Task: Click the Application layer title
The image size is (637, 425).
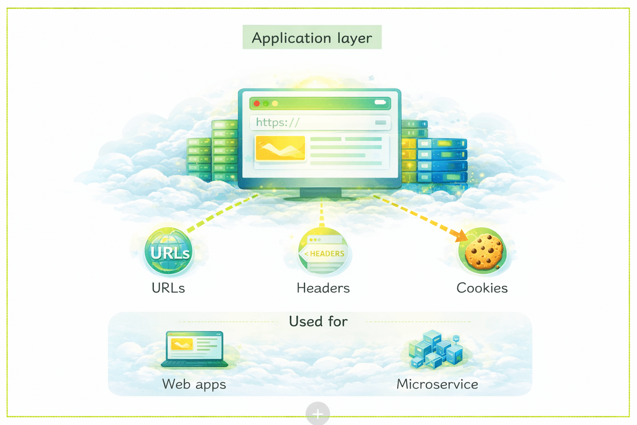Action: tap(312, 38)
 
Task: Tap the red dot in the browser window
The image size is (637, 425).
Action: tap(257, 103)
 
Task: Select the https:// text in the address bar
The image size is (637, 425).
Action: tap(277, 122)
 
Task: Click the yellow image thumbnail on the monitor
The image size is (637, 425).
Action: tap(280, 148)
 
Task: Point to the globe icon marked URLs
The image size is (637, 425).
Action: tap(169, 251)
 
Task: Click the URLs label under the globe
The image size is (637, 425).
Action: tap(168, 288)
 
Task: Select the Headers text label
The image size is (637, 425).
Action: tap(323, 288)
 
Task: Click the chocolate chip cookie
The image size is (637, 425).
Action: tap(484, 252)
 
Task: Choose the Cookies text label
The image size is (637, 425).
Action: tap(482, 288)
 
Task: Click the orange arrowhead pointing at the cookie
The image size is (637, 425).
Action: tap(461, 236)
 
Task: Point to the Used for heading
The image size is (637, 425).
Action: tap(318, 321)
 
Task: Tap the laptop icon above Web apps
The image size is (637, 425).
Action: tap(195, 349)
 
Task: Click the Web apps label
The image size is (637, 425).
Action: tap(194, 384)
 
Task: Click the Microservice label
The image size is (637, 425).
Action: tap(437, 384)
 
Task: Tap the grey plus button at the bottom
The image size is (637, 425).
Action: tap(318, 413)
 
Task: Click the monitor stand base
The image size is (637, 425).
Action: tap(320, 197)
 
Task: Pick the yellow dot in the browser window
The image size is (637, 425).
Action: tap(275, 103)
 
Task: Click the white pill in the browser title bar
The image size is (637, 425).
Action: tap(380, 103)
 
